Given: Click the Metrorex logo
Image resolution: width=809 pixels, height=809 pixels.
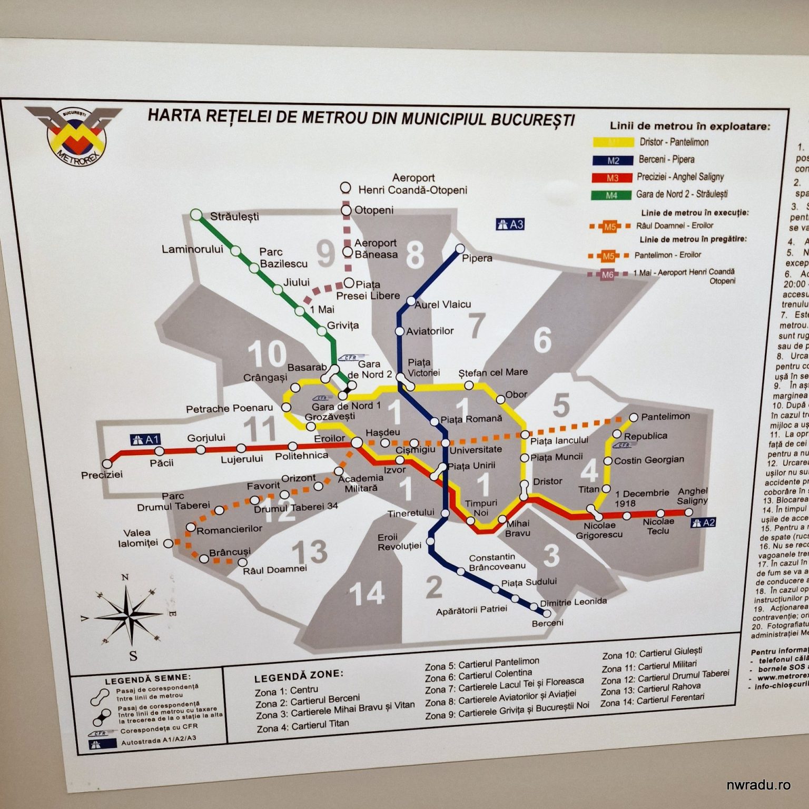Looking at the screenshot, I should pos(75,134).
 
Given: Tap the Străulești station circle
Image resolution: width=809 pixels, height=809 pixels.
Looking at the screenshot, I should pos(196,215).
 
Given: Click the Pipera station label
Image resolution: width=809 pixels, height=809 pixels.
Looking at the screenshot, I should pos(477,258).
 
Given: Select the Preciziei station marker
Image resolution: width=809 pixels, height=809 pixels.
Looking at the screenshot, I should pos(107,464).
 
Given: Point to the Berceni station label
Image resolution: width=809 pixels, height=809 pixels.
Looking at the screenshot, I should pos(547,623).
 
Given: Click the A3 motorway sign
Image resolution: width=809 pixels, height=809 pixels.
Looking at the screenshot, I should pos(510,224).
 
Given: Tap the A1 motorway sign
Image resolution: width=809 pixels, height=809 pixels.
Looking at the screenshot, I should pos(144,439).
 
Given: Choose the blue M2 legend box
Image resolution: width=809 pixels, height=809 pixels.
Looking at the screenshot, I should pos(612,160).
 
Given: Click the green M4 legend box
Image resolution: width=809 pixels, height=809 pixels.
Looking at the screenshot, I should pos(611,195).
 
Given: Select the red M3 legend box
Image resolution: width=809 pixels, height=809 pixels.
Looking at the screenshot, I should pos(611,178).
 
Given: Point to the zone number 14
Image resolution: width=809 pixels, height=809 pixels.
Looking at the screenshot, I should pos(367,594).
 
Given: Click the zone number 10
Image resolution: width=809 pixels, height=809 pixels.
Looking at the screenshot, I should pos(267,353).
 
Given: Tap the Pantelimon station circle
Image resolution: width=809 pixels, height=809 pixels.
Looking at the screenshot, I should pos(634,417).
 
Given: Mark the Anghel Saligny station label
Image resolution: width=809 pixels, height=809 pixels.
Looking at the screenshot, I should pos(692,496).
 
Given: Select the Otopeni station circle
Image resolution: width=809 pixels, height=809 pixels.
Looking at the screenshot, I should pos(346,210).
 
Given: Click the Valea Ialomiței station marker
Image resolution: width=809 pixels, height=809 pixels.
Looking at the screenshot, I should pos(168,543).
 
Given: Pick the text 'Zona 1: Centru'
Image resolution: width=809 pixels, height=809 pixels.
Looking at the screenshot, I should pos(286,690).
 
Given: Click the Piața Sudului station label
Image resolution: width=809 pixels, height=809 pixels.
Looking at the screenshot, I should pos(529,582).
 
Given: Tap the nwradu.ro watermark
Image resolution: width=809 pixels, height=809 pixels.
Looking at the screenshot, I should pos(758,785).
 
